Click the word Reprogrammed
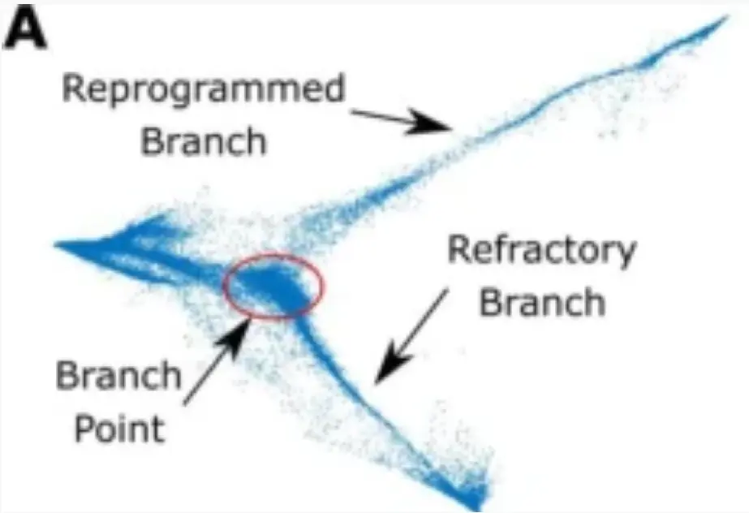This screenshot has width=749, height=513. [x=204, y=89]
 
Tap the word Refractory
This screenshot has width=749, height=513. [x=542, y=251]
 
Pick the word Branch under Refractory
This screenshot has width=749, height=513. [x=542, y=303]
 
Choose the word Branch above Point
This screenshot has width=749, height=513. [x=118, y=377]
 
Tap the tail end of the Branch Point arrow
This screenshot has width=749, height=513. [x=186, y=403]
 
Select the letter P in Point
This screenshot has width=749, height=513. [x=84, y=428]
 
